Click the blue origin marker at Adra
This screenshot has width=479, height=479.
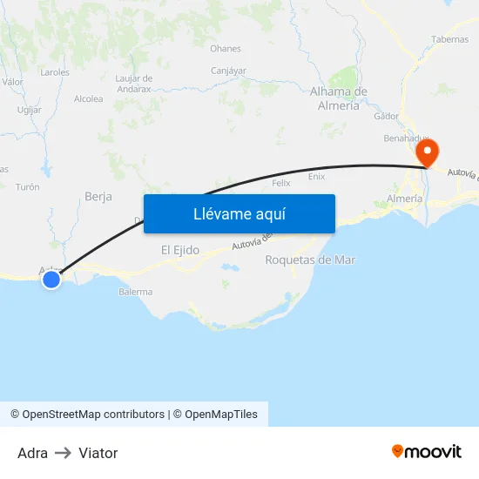pyautogui.click(x=51, y=279)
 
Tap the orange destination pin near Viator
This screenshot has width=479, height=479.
pyautogui.click(x=428, y=153)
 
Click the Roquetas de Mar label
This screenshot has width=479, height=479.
pyautogui.click(x=310, y=260)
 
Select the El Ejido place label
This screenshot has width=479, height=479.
pyautogui.click(x=180, y=250)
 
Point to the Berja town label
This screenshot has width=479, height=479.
pyautogui.click(x=98, y=197)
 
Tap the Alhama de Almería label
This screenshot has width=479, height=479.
pyautogui.click(x=339, y=98)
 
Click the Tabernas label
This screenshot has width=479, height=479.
pyautogui.click(x=449, y=39)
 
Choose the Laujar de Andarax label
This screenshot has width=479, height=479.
pyautogui.click(x=134, y=83)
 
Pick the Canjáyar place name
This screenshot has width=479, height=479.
pyautogui.click(x=229, y=71)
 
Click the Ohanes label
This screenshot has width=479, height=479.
pyautogui.click(x=226, y=49)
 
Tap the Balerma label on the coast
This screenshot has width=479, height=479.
pyautogui.click(x=136, y=292)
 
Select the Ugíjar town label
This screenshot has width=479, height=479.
pyautogui.click(x=30, y=110)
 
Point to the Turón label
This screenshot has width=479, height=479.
pyautogui.click(x=28, y=187)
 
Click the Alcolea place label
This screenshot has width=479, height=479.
pyautogui.click(x=89, y=99)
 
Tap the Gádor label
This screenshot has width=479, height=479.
pyautogui.click(x=386, y=116)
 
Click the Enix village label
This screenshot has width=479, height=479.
pyautogui.click(x=317, y=176)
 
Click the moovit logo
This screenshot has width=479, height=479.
pyautogui.click(x=427, y=451)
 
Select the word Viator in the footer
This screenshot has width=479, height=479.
pyautogui.click(x=98, y=453)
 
